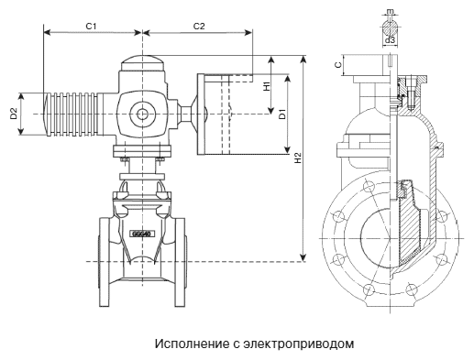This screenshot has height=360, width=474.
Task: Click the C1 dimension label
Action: click(91, 27)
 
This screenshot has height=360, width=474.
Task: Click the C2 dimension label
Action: click(199, 27)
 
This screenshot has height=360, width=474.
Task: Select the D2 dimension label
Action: click(13, 114)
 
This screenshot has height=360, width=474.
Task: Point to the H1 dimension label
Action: click(267, 86)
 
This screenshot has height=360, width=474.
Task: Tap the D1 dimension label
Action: click(282, 114)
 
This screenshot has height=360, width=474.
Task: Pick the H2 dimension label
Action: click(298, 158)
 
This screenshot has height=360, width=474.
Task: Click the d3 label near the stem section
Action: click(390, 40)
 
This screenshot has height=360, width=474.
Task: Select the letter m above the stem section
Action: click(390, 11)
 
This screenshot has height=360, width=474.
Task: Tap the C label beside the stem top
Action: click(338, 65)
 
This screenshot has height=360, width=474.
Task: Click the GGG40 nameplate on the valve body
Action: click(142, 235)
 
